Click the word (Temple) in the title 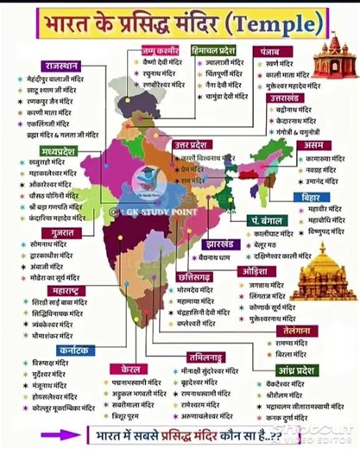[274, 22]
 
